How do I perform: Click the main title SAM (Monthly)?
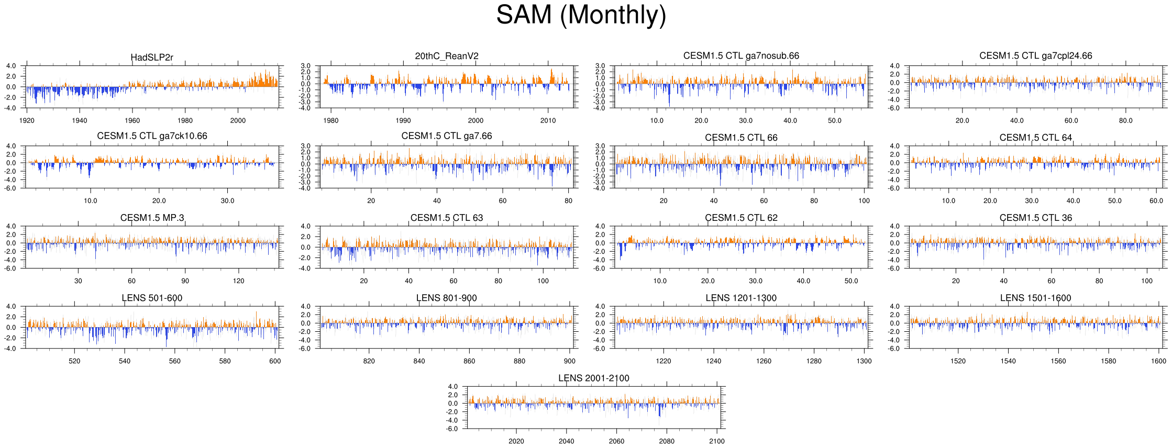click(x=581, y=15)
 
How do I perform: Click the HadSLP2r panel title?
click(x=152, y=57)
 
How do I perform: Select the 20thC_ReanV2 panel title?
click(x=447, y=56)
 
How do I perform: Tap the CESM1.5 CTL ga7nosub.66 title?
click(x=741, y=55)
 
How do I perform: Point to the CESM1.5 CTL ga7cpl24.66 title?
click(x=1036, y=55)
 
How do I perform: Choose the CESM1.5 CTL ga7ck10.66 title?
click(x=152, y=136)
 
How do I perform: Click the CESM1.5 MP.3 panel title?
click(x=152, y=218)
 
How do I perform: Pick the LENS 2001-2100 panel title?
click(x=594, y=378)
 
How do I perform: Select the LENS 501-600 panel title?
click(x=152, y=298)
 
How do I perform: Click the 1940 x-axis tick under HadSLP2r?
click(x=80, y=120)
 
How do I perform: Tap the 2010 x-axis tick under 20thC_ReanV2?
click(x=548, y=120)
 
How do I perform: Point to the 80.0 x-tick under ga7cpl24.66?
click(x=1126, y=120)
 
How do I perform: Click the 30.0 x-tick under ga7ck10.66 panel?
click(x=227, y=200)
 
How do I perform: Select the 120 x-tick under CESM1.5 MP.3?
click(x=238, y=281)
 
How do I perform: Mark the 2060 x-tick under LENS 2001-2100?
click(x=616, y=441)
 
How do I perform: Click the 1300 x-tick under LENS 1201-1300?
click(x=864, y=361)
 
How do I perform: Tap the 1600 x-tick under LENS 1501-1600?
click(x=1158, y=361)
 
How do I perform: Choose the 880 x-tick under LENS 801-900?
click(x=519, y=361)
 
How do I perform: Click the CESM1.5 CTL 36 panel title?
click(x=1036, y=218)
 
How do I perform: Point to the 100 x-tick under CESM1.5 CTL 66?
click(x=864, y=200)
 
